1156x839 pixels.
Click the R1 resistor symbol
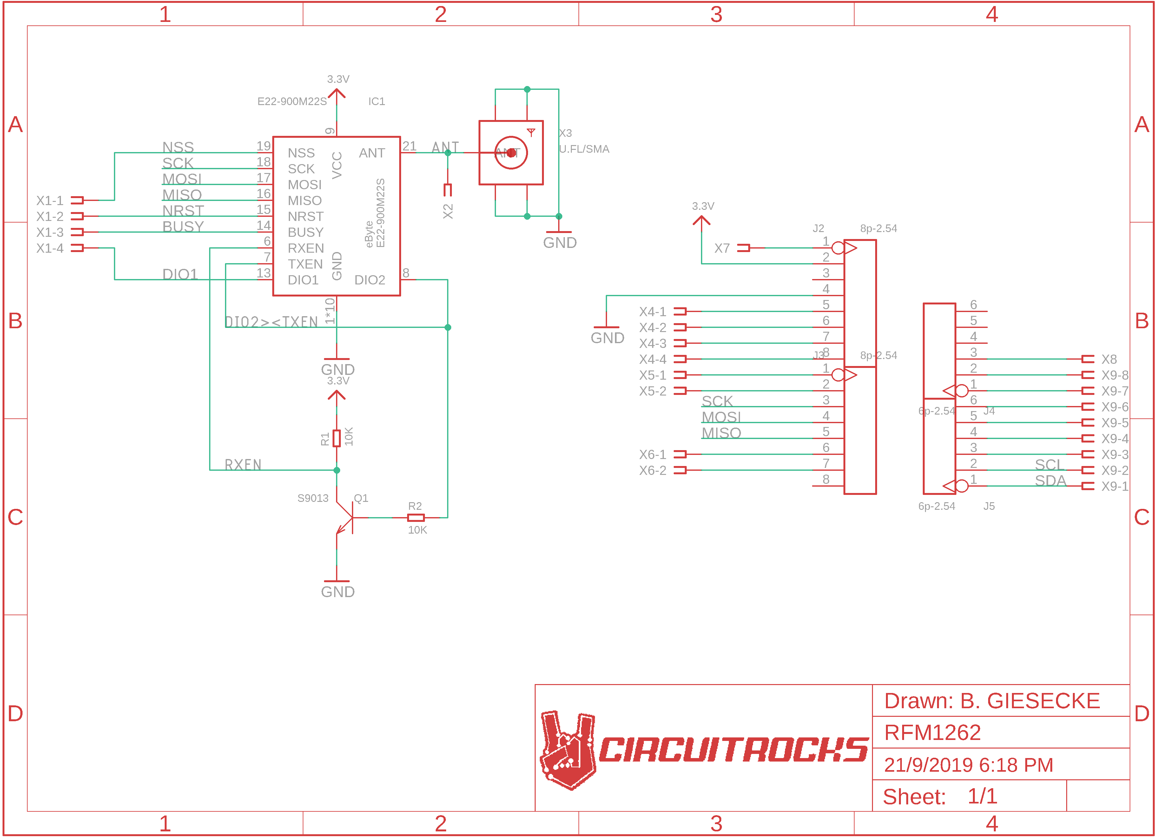[x=336, y=438]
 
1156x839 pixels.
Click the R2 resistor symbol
[x=416, y=518]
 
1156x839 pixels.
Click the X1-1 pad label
[x=50, y=200]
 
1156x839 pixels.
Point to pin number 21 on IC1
[x=409, y=146]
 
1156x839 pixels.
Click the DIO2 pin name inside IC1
[x=370, y=280]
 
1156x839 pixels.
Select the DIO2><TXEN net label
[x=271, y=322]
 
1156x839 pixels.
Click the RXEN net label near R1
[x=243, y=465]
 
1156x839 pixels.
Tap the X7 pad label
[x=722, y=248]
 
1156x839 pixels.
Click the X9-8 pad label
[x=1115, y=376]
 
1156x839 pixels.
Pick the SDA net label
[x=1050, y=480]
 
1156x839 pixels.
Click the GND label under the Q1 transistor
[x=337, y=592]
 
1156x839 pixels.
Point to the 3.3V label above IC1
[x=338, y=79]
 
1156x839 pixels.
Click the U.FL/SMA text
[x=584, y=149]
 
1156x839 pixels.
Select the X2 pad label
[x=447, y=211]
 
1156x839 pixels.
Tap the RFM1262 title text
[x=932, y=733]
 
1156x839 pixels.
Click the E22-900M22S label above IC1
[x=292, y=102]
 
